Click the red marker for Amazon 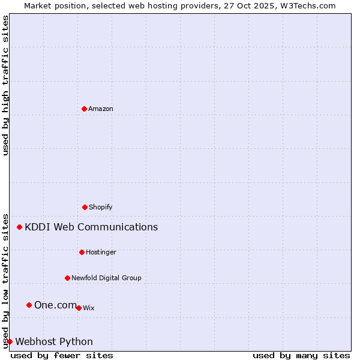[84, 109]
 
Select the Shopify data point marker [85, 207]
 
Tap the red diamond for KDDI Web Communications [20, 227]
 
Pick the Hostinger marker [82, 252]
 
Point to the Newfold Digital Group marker [67, 278]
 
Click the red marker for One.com [29, 305]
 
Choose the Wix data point [79, 308]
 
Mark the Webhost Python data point [10, 341]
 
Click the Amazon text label [101, 109]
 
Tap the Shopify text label [101, 207]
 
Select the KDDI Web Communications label [91, 227]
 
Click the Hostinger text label [101, 252]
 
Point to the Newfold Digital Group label [106, 278]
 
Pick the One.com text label [56, 305]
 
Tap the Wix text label [89, 308]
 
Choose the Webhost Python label [54, 341]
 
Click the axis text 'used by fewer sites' [62, 355]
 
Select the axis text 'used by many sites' [301, 355]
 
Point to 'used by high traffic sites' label [5, 85]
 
